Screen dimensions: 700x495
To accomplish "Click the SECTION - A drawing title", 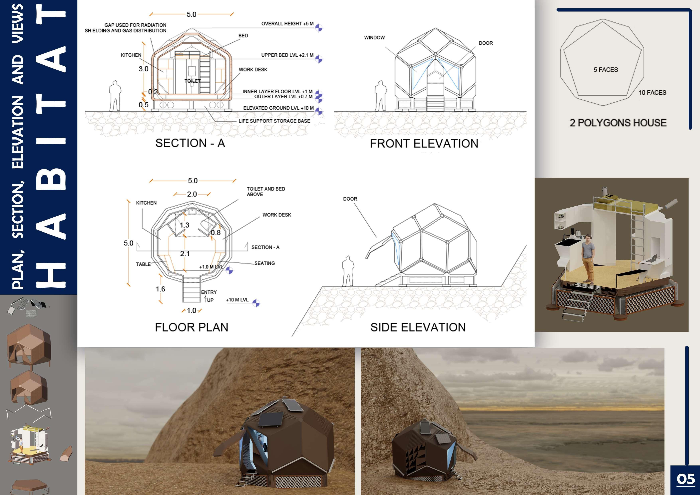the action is pyautogui.click(x=190, y=143).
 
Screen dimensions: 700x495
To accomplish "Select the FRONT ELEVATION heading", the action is pyautogui.click(x=424, y=144).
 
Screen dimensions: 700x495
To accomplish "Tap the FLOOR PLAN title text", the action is pyautogui.click(x=192, y=327).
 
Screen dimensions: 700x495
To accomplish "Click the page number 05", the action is pyautogui.click(x=685, y=479).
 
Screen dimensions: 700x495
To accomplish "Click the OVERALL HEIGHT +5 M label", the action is pyautogui.click(x=287, y=24).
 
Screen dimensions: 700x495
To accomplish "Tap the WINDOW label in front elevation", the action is pyautogui.click(x=374, y=38).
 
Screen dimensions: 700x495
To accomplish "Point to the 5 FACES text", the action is pyautogui.click(x=605, y=69).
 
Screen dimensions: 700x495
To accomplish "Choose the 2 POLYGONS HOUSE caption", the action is pyautogui.click(x=618, y=123).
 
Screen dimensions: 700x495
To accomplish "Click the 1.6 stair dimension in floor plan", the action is pyautogui.click(x=160, y=289).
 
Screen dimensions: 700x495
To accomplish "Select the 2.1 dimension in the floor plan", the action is pyautogui.click(x=185, y=253).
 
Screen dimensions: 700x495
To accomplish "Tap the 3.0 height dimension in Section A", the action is pyautogui.click(x=143, y=69).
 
